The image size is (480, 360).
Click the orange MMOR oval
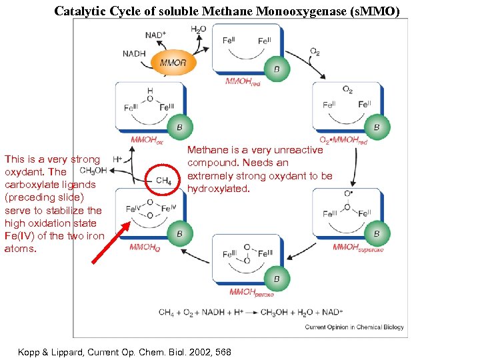173,63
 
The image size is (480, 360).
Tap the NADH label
134,54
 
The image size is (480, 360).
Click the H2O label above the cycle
198,29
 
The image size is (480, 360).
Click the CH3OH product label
93,171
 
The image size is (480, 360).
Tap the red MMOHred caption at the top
243,81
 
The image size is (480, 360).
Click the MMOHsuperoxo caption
358,247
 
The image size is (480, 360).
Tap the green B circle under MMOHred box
276,68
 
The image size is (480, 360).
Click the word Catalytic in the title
81,11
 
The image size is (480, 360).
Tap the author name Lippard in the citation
68,351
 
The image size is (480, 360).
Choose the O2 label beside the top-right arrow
314,51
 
